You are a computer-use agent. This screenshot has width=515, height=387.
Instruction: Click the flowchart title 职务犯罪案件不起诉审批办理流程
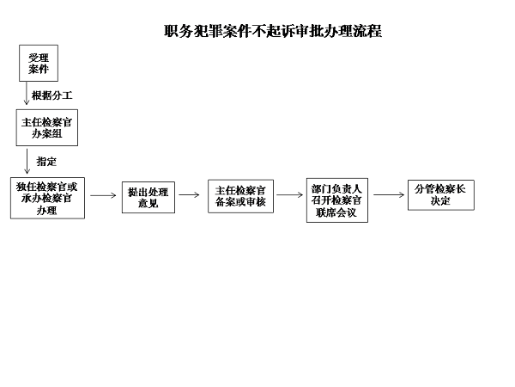273,31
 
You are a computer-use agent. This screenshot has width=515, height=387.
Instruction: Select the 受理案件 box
39,63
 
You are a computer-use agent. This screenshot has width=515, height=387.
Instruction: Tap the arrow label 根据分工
51,95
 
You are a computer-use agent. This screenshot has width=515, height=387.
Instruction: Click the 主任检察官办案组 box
47,127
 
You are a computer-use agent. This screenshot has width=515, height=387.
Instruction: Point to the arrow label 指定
46,162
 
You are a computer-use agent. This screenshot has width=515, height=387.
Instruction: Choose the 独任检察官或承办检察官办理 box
47,198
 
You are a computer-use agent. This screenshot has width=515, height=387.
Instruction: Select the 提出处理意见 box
148,198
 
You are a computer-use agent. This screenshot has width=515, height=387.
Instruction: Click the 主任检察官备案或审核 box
240,196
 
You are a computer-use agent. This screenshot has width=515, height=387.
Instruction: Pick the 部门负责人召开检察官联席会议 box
337,200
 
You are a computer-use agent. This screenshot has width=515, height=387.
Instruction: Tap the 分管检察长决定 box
441,195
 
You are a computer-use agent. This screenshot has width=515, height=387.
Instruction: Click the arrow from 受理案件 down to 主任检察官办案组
27,93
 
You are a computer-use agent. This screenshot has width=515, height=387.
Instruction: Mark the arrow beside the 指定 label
27,162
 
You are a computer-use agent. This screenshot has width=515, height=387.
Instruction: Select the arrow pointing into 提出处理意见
104,195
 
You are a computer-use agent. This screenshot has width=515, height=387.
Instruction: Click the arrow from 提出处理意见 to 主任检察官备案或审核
189,195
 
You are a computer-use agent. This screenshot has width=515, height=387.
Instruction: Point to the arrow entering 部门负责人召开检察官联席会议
290,195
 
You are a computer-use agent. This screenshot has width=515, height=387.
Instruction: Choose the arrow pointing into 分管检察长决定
389,195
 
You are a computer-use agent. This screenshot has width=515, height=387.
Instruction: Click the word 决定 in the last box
440,200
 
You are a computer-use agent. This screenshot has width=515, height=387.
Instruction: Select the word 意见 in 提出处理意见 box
148,203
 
